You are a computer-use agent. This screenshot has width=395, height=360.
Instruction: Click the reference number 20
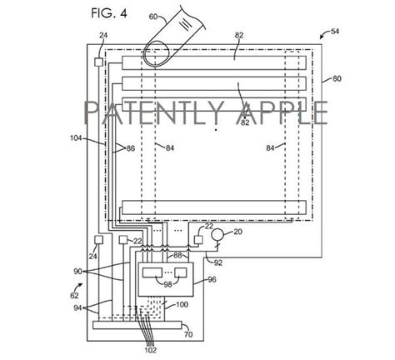[237, 231]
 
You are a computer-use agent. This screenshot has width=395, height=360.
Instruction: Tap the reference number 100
[182, 306]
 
